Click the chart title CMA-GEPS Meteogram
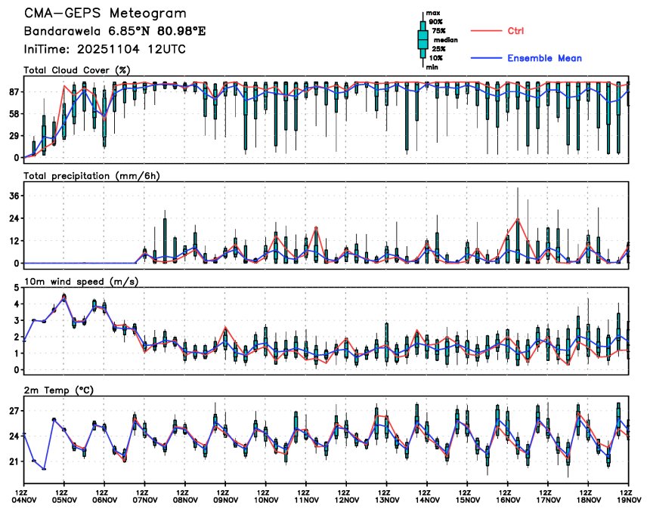105,14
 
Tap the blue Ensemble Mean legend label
544,58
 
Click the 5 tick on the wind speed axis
16,288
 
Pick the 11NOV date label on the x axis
306,499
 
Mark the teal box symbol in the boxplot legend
422,39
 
